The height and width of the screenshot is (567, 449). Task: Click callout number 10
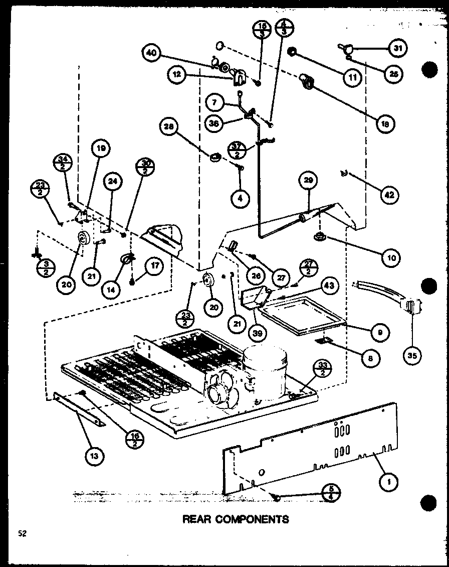coord(391,258)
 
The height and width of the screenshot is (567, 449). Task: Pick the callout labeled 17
coord(154,266)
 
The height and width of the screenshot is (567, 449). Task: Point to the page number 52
coord(23,534)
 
